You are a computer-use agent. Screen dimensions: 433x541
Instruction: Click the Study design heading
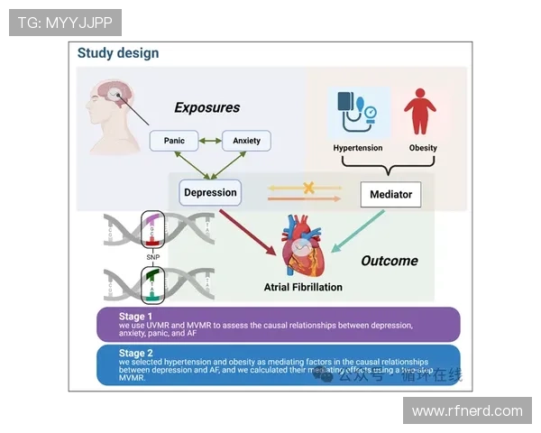point(118,53)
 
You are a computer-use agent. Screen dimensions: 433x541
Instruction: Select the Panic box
point(174,141)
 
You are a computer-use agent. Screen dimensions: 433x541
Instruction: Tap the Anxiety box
point(246,141)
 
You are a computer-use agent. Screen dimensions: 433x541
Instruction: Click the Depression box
point(210,192)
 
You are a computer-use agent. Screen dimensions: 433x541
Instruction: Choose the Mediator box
point(390,194)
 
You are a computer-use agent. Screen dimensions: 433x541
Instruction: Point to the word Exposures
point(207,108)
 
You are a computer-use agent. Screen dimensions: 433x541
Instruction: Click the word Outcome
point(390,261)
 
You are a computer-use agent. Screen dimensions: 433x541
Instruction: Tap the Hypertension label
point(358,148)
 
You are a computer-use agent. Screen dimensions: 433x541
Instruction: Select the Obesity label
point(423,148)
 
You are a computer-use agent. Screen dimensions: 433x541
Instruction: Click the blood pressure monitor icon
point(357,112)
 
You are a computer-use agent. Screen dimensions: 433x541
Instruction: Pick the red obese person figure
point(420,111)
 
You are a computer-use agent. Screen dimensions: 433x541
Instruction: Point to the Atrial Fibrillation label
point(303,288)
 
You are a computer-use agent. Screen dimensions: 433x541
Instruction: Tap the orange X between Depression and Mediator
point(308,189)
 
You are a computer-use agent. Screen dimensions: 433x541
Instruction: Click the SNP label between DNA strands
point(152,258)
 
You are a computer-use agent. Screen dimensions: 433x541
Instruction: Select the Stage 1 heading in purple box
point(136,317)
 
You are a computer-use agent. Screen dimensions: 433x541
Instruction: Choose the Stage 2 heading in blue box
point(136,354)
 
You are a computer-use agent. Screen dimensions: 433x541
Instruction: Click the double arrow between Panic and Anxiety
point(210,141)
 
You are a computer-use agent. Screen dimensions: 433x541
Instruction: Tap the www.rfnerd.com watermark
point(467,411)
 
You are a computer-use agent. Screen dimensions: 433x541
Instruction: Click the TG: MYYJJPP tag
point(65,23)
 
